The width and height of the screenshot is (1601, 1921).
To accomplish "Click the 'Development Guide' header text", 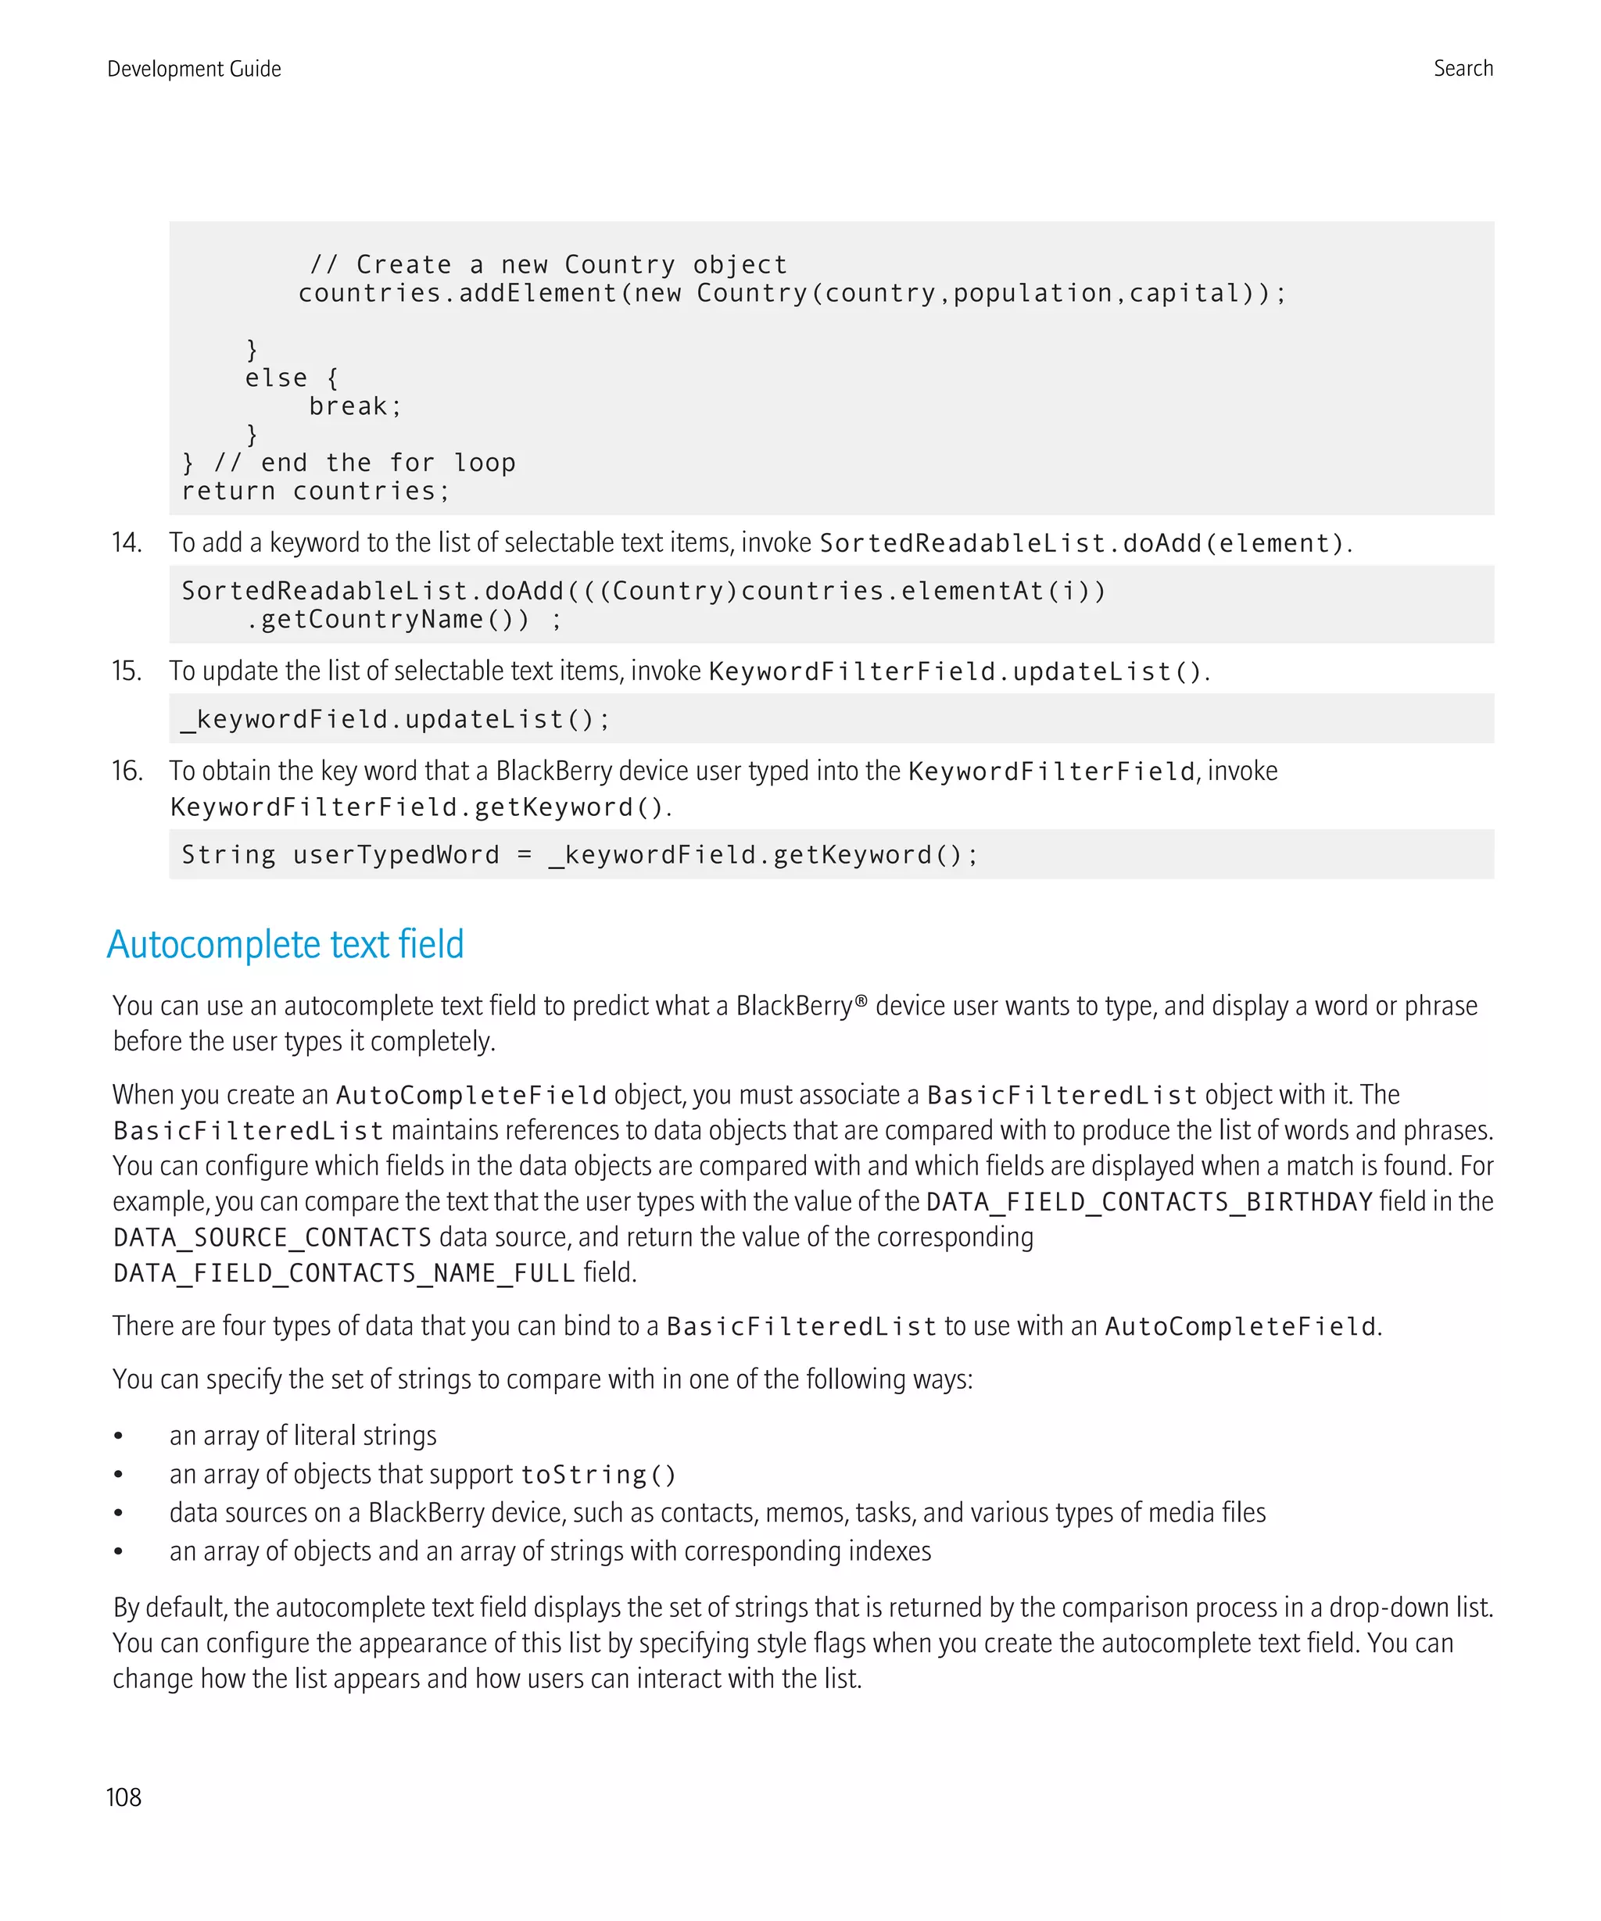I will tap(194, 69).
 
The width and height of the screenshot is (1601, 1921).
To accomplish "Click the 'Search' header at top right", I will tap(1462, 69).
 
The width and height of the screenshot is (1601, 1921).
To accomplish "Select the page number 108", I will tap(124, 1797).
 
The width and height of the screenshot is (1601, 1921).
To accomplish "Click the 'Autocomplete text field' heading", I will tap(285, 944).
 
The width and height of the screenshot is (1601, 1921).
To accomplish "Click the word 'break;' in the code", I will tap(355, 406).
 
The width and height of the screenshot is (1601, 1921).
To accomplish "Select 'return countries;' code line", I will tap(316, 492).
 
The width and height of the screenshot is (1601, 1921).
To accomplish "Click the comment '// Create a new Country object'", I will tap(548, 264).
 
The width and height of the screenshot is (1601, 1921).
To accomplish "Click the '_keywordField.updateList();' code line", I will tap(396, 719).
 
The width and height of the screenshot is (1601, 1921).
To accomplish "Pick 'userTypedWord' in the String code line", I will tap(396, 854).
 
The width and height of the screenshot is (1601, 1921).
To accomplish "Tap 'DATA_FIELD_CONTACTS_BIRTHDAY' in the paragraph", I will tap(1149, 1201).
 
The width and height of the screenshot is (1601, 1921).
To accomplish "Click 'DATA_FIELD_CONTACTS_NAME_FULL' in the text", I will tap(344, 1272).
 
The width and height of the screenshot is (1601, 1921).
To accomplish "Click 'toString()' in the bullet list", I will tap(598, 1475).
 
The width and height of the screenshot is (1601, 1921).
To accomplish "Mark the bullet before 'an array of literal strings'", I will tap(118, 1436).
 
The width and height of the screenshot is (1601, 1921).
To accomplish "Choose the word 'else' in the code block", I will tap(275, 377).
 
